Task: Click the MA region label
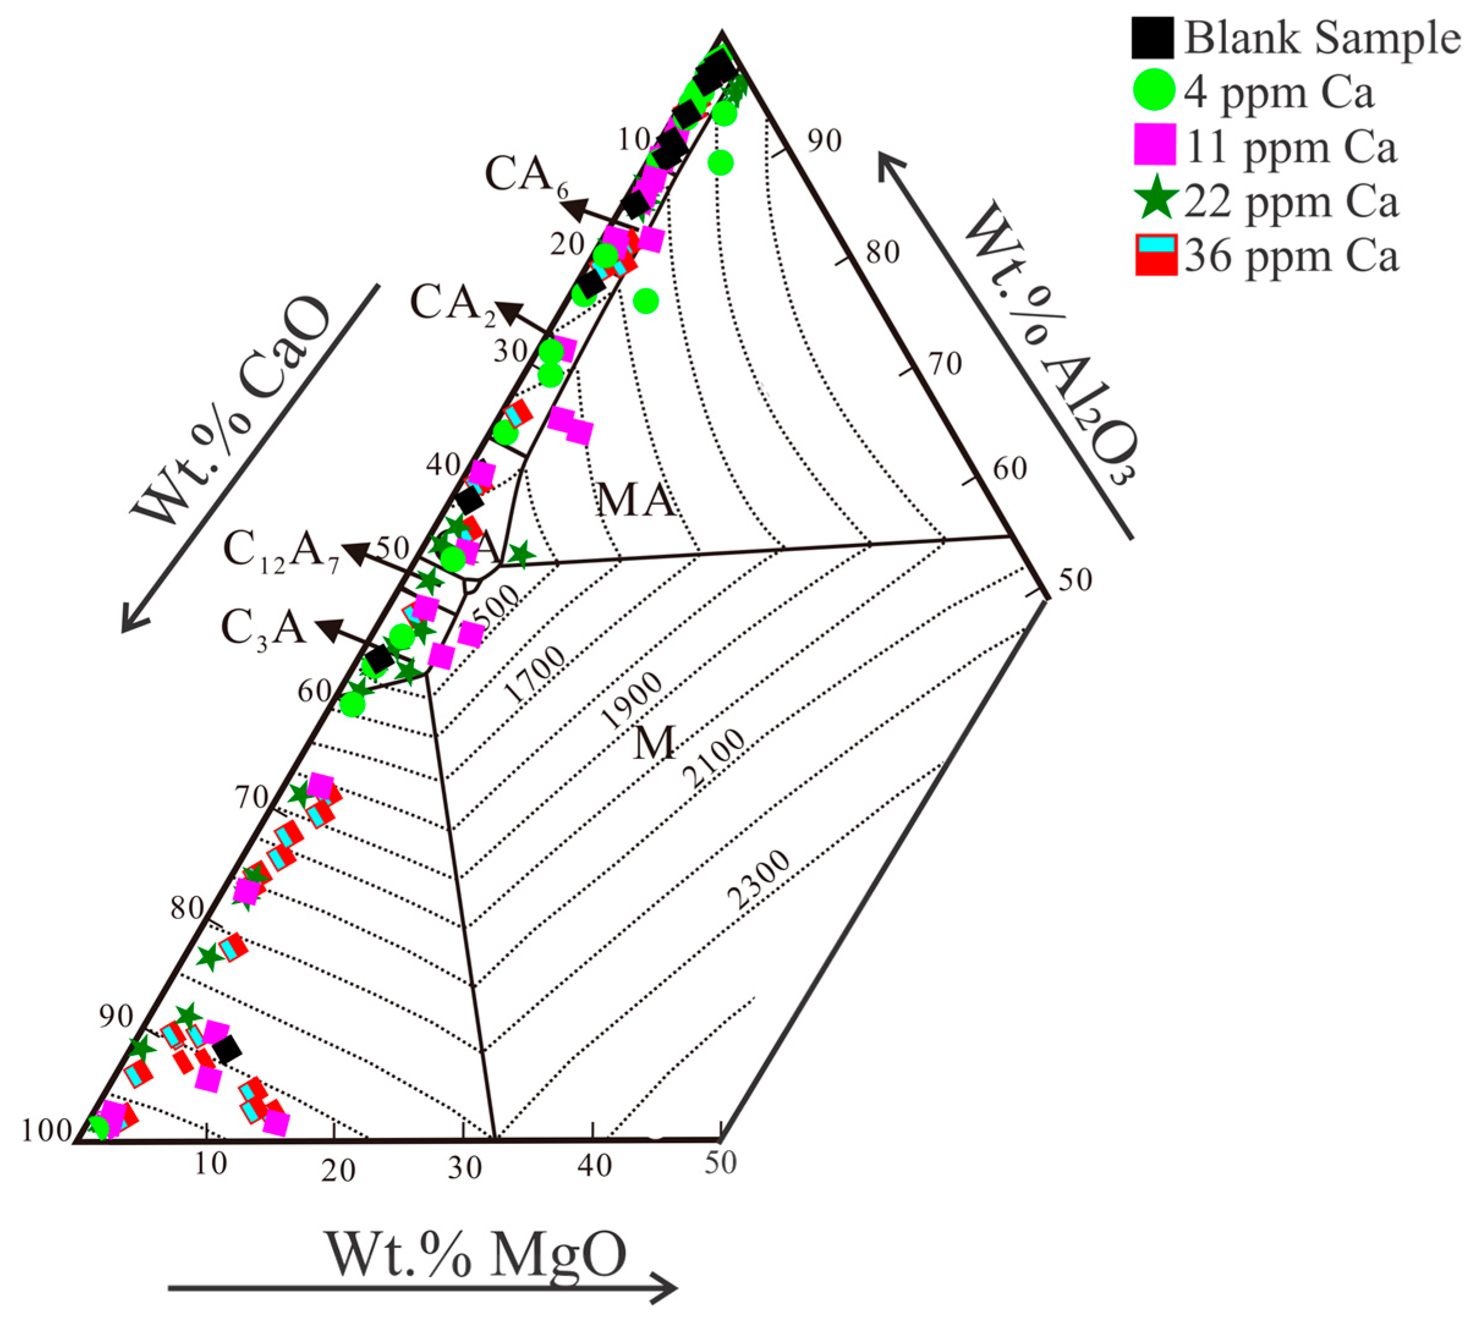click(x=634, y=501)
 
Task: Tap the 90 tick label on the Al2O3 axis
click(x=824, y=142)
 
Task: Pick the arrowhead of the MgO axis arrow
click(x=665, y=1288)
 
